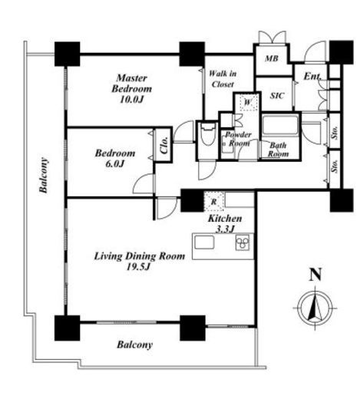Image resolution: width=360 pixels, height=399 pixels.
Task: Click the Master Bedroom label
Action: coord(131,83)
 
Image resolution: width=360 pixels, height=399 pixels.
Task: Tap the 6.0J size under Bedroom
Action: coord(115,163)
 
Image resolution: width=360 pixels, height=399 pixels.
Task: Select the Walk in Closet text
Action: coord(223,79)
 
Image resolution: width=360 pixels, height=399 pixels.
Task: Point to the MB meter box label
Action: coord(272,58)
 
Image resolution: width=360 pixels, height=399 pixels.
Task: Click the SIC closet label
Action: coord(277,96)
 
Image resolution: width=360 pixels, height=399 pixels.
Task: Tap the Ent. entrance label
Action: coord(312,76)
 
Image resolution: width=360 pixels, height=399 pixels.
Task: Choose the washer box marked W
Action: coord(249,102)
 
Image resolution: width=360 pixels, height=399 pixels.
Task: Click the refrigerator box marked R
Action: coord(214,201)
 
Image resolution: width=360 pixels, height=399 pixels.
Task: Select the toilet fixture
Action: coord(207,135)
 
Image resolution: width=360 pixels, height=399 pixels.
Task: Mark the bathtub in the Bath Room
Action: coord(280,125)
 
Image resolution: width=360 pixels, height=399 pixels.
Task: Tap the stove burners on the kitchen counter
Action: coord(243,242)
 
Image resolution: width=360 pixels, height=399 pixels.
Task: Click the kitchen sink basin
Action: coord(204,242)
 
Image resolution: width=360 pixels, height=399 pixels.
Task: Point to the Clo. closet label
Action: coord(164,145)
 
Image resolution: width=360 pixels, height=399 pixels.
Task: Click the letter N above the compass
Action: coord(315,275)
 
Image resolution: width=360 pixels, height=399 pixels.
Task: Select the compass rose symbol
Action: coord(315,308)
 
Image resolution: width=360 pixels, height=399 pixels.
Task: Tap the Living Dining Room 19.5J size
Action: coord(138,267)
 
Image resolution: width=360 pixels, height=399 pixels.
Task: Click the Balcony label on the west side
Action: coord(44,175)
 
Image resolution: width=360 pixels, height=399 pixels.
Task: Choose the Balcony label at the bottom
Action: coord(134,345)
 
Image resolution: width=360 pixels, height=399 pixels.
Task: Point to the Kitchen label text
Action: coord(225,219)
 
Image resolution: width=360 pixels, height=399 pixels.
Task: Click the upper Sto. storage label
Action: coord(335,132)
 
